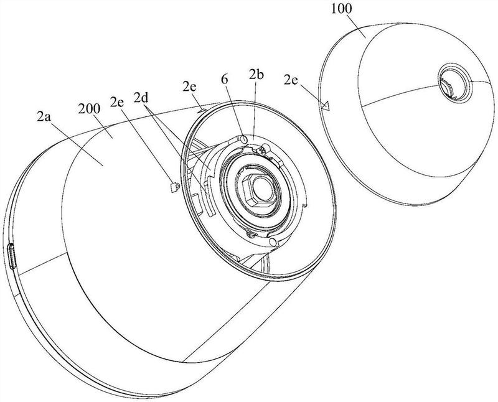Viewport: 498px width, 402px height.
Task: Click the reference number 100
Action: pyautogui.click(x=341, y=9)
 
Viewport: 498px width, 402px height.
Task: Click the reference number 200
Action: pyautogui.click(x=89, y=109)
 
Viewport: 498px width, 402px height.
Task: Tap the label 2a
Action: pyautogui.click(x=44, y=117)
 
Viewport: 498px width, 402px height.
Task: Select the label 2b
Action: pyautogui.click(x=256, y=75)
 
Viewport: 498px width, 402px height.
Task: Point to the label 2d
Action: pyautogui.click(x=141, y=98)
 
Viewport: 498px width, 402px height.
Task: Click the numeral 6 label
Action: pyautogui.click(x=225, y=80)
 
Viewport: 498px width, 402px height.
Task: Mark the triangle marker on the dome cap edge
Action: pyautogui.click(x=326, y=105)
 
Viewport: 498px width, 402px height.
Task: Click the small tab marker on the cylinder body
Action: pyautogui.click(x=174, y=187)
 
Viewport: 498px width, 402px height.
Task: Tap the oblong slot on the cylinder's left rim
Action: pyautogui.click(x=12, y=256)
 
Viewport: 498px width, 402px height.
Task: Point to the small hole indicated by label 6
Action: pyautogui.click(x=243, y=139)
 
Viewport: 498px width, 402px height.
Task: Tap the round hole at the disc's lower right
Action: pyautogui.click(x=273, y=241)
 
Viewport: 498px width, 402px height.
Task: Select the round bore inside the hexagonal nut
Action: pyautogui.click(x=263, y=190)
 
